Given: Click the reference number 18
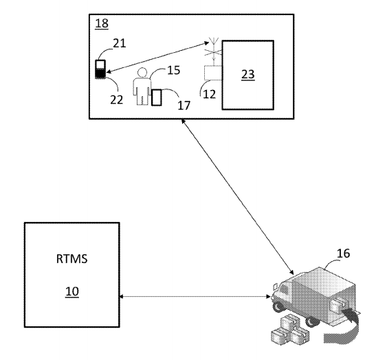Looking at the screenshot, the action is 102,23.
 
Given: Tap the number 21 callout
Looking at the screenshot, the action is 120,43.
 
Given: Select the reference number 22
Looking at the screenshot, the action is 116,100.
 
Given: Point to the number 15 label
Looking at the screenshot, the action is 174,70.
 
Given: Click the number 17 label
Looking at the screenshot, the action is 184,105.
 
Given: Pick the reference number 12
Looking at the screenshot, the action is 209,94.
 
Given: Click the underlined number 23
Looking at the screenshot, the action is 247,74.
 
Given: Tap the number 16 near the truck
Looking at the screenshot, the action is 343,254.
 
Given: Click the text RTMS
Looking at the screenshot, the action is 71,259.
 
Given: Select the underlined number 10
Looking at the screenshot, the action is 72,292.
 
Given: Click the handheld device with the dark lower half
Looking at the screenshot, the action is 100,69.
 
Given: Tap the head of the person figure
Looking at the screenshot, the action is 142,73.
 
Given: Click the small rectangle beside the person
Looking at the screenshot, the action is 156,98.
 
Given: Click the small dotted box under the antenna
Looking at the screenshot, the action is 213,73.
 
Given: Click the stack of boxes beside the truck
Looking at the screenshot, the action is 290,329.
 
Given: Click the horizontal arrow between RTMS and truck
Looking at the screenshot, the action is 195,297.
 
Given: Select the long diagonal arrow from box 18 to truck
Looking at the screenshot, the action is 237,196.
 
